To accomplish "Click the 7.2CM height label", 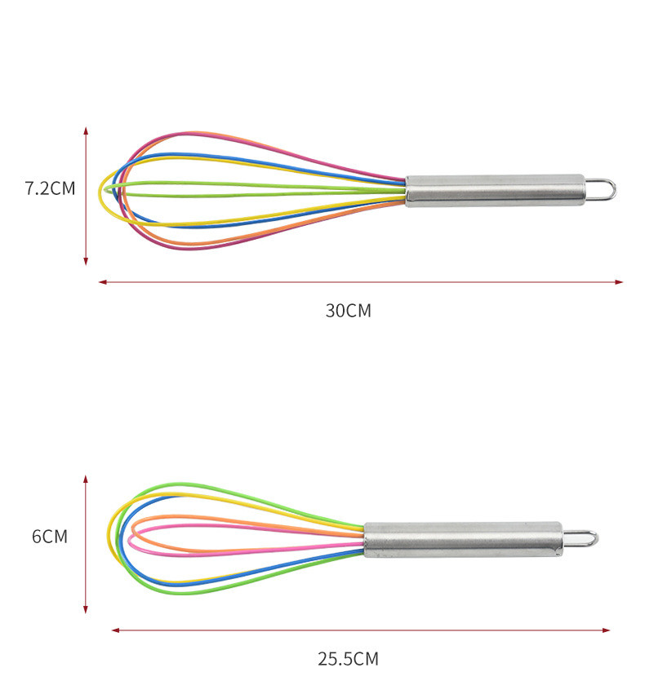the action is point(50,188).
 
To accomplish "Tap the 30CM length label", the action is point(348,311).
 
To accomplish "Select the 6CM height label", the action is point(50,537).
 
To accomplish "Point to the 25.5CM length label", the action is point(348,659).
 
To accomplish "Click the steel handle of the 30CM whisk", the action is point(496,190).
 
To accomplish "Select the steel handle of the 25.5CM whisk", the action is point(464,539).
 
